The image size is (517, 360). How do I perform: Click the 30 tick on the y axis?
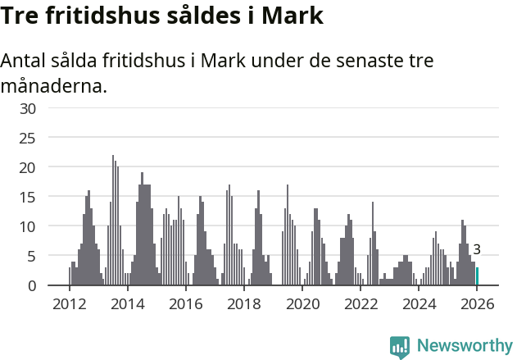28,108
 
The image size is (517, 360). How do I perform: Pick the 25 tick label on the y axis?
28,138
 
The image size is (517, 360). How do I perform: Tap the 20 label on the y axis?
28,167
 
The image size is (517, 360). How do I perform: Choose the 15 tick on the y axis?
28,197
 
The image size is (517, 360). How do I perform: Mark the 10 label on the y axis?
28,226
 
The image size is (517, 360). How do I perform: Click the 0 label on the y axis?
32,285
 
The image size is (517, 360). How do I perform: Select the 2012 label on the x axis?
69,304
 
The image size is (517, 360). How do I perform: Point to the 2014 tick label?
127,304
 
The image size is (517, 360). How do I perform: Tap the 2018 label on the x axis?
244,304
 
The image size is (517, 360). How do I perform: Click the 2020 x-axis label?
302,304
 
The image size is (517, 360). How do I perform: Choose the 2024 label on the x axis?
419,304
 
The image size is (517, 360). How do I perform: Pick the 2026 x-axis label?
478,304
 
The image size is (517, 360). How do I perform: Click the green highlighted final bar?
478,276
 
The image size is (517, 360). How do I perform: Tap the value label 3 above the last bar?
477,250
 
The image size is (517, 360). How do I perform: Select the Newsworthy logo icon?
400,347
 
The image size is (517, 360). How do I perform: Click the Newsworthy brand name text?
464,346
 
